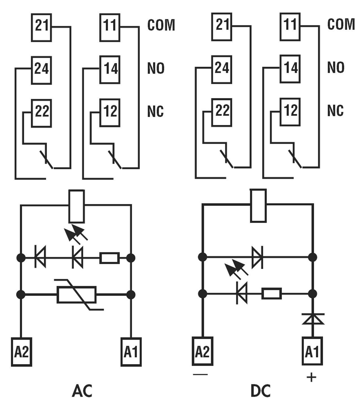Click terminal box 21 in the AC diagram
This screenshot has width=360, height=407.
41,27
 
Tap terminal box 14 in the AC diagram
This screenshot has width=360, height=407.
110,70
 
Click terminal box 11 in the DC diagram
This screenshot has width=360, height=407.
290,26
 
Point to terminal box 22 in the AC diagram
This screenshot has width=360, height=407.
41,113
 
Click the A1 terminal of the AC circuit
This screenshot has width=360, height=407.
131,352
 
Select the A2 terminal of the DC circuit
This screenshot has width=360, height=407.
202,351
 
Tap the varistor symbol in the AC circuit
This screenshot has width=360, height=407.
77,295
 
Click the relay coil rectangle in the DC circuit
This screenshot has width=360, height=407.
258,205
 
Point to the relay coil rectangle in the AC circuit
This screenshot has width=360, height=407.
77,206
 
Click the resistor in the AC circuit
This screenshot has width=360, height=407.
110,258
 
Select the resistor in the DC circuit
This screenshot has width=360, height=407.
272,294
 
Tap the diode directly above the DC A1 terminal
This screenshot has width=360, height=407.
313,319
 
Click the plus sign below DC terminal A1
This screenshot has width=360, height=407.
311,377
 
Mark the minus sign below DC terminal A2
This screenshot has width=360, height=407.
200,375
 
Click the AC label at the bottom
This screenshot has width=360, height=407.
82,391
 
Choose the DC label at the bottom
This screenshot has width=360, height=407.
261,391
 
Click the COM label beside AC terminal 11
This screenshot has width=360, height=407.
161,25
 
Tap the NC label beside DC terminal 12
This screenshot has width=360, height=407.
335,111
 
